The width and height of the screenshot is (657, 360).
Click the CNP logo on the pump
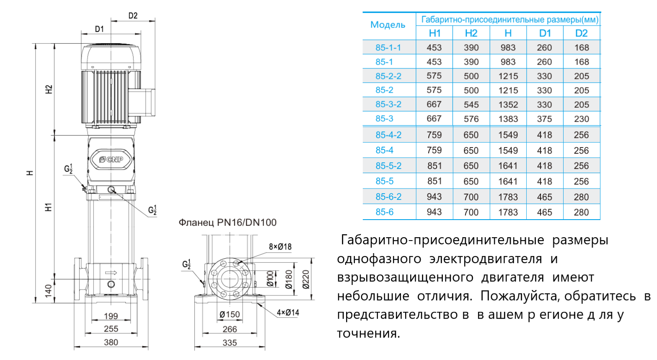pyautogui.click(x=111, y=159)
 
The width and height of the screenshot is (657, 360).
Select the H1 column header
pyautogui.click(x=435, y=34)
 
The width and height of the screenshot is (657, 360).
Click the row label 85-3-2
pyautogui.click(x=388, y=104)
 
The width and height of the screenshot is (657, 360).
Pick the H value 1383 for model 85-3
pyautogui.click(x=508, y=119)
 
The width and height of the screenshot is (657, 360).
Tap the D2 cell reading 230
pyautogui.click(x=581, y=119)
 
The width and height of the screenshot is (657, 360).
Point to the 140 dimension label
pyautogui.click(x=48, y=290)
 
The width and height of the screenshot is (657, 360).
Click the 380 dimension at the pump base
pyautogui.click(x=111, y=342)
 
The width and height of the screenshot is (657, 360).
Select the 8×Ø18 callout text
pyautogui.click(x=280, y=247)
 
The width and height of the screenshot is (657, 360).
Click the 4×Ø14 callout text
pyautogui.click(x=288, y=313)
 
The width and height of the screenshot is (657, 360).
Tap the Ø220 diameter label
pyautogui.click(x=306, y=279)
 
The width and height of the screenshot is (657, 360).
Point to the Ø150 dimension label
pyautogui.click(x=230, y=314)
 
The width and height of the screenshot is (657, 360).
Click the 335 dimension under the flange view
pyautogui.click(x=230, y=343)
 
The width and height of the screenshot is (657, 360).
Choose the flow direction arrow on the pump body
pyautogui.click(x=111, y=273)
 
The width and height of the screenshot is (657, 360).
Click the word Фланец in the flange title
pyautogui.click(x=195, y=223)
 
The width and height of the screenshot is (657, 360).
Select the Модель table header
pyautogui.click(x=388, y=25)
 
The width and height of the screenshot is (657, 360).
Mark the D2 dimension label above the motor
pyautogui.click(x=133, y=16)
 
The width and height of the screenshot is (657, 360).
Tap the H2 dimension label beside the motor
pyautogui.click(x=49, y=89)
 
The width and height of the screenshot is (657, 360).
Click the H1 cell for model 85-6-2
pyautogui.click(x=434, y=197)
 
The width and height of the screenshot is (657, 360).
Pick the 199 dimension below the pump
pyautogui.click(x=111, y=316)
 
